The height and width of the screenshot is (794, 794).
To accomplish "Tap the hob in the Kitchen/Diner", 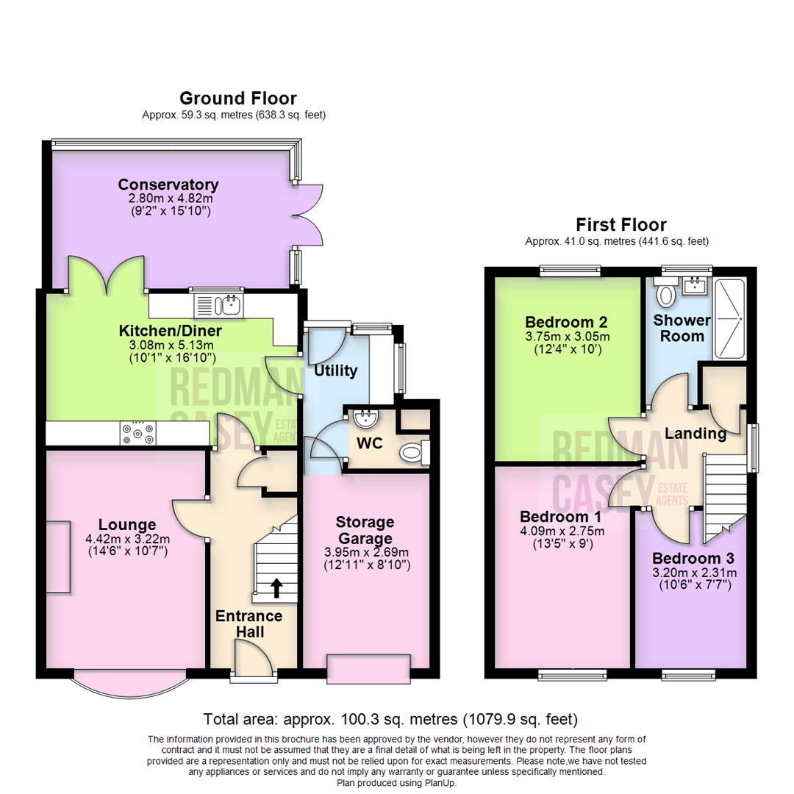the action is [x=137, y=433].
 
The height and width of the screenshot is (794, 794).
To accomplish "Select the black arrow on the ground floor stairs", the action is [x=276, y=588].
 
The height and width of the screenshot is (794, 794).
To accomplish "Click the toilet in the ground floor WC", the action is [x=414, y=452].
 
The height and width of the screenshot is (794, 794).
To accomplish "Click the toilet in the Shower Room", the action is [x=666, y=292].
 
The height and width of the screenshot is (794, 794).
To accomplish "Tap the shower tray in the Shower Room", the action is [x=729, y=319].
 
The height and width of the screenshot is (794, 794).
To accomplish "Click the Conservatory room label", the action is [x=168, y=185].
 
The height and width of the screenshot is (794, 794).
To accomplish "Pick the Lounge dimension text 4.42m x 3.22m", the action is [x=128, y=539].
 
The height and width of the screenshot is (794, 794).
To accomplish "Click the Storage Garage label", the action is [x=365, y=529].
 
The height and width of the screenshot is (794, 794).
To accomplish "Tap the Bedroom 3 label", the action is [x=693, y=558].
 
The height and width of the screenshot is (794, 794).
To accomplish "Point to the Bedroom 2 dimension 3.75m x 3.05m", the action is [x=568, y=336].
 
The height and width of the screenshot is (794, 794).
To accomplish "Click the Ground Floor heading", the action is [x=238, y=98].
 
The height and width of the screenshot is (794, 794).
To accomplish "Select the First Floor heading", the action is [x=621, y=224].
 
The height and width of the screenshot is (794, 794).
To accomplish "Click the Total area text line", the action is [x=390, y=719].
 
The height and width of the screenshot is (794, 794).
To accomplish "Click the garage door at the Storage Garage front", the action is [x=368, y=669].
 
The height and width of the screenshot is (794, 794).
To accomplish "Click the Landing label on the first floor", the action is [x=695, y=434].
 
